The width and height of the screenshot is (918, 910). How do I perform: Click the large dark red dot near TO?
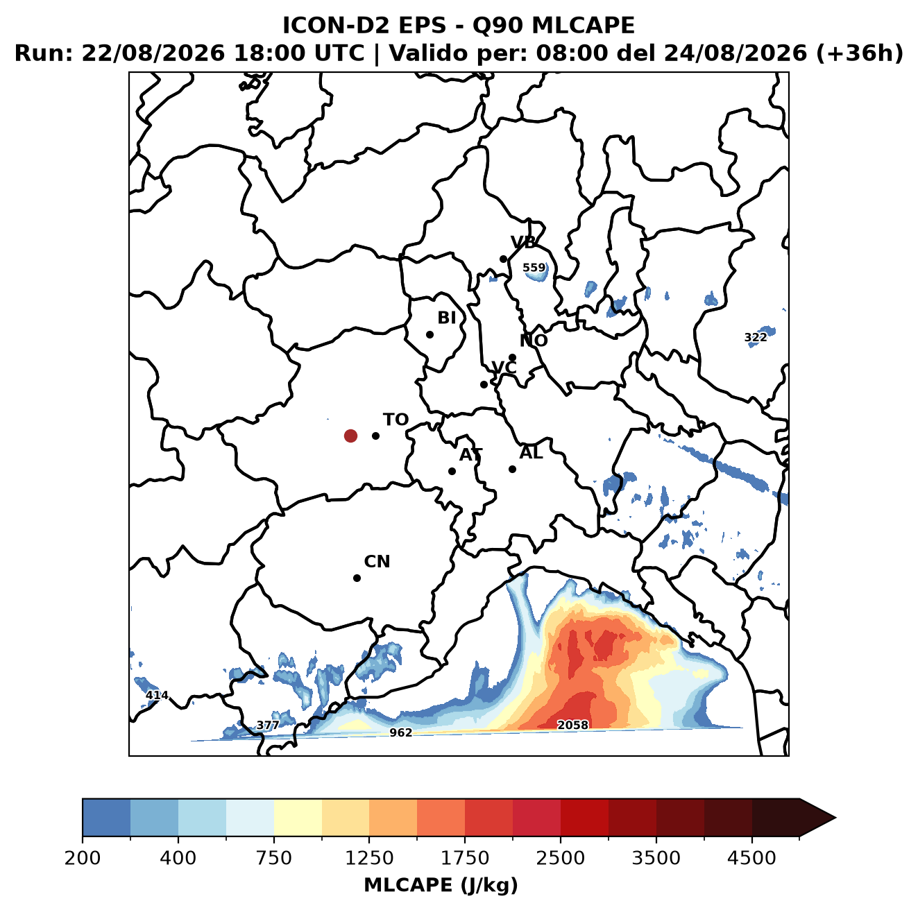pos(350,436)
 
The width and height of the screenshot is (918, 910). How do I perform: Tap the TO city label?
pos(396,420)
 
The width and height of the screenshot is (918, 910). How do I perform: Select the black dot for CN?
pos(357,578)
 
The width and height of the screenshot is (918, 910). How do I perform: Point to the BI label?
pos(446,318)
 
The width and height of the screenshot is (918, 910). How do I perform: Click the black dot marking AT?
pos(452,471)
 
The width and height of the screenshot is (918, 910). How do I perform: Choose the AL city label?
pos(532,452)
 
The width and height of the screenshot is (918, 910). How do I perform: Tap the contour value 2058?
pos(572,725)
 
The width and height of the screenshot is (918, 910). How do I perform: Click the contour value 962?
pos(400,732)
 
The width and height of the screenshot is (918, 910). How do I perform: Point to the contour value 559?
pos(534,268)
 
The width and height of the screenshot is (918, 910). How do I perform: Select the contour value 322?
pos(756,337)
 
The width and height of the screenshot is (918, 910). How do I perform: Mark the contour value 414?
pos(157,695)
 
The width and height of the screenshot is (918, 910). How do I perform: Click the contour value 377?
pos(268,726)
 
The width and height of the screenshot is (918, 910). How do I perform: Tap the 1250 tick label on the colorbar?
pos(369,858)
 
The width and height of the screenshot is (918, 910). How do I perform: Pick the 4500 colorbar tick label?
pos(751,858)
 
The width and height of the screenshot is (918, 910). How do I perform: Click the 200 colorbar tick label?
pos(83,858)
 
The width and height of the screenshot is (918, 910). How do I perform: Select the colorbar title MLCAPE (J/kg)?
pos(441,885)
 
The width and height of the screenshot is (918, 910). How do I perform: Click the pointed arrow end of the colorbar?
pos(835,818)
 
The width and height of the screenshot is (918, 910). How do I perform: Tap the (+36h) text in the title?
pos(860,53)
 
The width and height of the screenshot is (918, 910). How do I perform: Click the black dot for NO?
pos(512,357)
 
